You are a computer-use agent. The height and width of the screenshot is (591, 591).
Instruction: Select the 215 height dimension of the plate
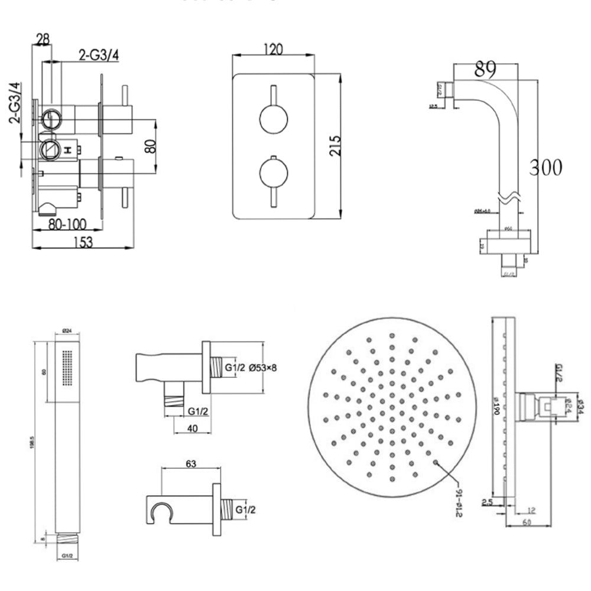click(x=334, y=145)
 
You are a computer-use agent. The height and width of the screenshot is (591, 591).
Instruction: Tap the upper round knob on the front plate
click(x=272, y=118)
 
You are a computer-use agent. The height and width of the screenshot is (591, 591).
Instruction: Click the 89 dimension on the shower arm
click(x=485, y=70)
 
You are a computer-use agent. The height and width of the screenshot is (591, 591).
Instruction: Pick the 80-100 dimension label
click(x=67, y=225)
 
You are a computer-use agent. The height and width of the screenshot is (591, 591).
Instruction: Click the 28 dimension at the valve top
click(x=42, y=39)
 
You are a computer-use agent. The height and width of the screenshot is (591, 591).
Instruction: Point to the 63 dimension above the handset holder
click(x=190, y=464)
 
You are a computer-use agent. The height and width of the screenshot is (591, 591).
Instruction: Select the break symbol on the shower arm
click(x=510, y=195)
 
